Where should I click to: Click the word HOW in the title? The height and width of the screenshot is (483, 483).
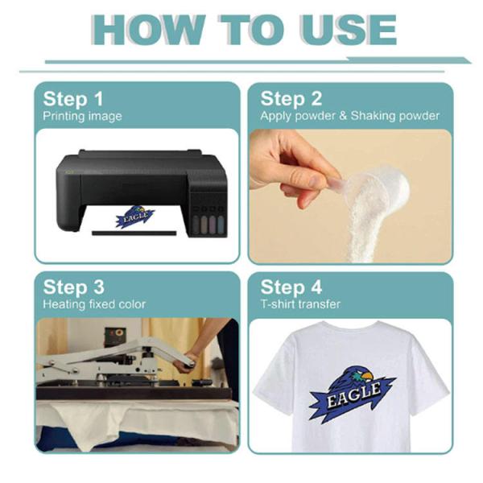pyautogui.click(x=148, y=31)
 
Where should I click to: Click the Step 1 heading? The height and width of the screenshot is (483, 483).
pyautogui.click(x=73, y=99)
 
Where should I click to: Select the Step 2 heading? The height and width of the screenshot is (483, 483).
pyautogui.click(x=291, y=99)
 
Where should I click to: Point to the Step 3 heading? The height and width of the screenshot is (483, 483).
pyautogui.click(x=74, y=287)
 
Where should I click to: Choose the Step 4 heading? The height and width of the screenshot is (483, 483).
pyautogui.click(x=291, y=287)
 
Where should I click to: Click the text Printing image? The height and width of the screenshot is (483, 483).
pyautogui.click(x=82, y=117)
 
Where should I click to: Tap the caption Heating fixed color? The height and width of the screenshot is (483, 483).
pyautogui.click(x=94, y=304)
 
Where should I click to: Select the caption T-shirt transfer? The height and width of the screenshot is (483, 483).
pyautogui.click(x=300, y=304)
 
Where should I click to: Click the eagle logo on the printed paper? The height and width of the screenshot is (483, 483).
pyautogui.click(x=134, y=217)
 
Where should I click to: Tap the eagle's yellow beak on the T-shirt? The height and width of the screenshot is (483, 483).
pyautogui.click(x=367, y=376)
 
